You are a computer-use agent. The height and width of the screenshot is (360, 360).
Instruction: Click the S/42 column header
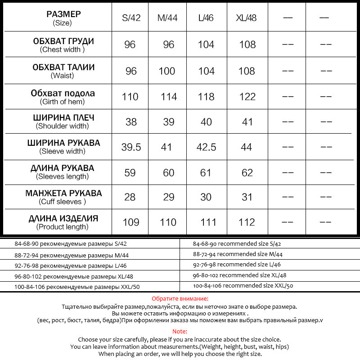(x=131, y=18)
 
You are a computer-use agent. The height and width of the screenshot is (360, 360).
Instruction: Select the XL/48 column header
(x=246, y=18)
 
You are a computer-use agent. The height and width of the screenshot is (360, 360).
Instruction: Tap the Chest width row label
(x=63, y=45)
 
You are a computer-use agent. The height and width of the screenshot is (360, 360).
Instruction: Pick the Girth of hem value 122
(x=247, y=97)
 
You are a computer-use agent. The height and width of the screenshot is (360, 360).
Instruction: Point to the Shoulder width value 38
(x=130, y=122)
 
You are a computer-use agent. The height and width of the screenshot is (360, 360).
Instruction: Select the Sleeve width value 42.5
(x=207, y=147)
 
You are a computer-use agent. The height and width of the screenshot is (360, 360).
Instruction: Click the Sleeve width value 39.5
(x=131, y=147)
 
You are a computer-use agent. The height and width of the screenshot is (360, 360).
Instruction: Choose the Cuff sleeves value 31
(x=247, y=197)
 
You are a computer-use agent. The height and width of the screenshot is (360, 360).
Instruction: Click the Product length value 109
(x=131, y=222)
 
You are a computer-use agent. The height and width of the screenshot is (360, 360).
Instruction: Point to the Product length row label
(x=63, y=222)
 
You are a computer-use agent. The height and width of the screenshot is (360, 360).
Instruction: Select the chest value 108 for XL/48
(x=247, y=45)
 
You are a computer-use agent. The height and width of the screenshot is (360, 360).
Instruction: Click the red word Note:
(x=180, y=331)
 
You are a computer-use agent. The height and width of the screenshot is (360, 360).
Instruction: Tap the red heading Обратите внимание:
(x=180, y=298)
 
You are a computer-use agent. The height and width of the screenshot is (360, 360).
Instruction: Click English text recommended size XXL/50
(x=243, y=286)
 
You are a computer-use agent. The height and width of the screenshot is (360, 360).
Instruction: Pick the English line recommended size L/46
(x=237, y=265)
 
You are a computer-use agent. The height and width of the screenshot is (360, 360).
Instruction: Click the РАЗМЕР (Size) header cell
(x=63, y=18)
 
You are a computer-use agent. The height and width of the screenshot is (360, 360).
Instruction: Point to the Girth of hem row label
(x=63, y=97)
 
